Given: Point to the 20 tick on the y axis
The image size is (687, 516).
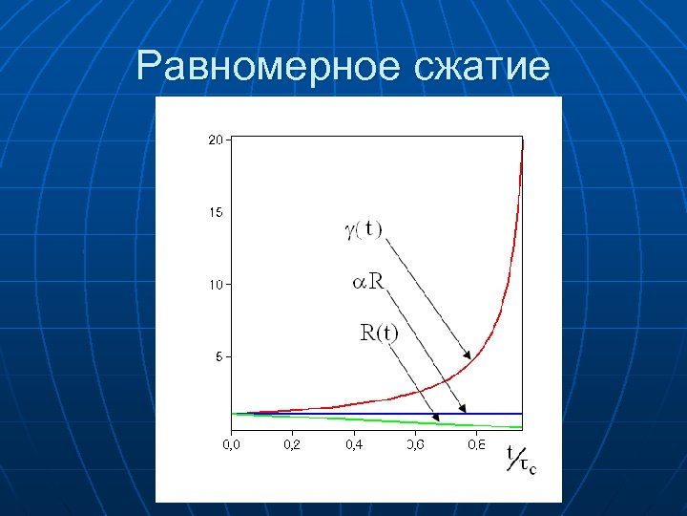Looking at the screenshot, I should click(x=216, y=140).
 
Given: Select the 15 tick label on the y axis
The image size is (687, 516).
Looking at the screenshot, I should click(x=216, y=212).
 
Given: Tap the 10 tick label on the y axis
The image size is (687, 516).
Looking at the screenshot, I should click(x=216, y=285).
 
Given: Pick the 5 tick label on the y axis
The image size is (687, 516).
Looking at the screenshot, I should click(x=219, y=356).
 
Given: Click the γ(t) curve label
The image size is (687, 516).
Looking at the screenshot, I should click(x=363, y=229).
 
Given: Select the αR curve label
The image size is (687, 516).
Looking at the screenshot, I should click(x=368, y=281).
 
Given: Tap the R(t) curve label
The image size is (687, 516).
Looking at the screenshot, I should click(x=379, y=333).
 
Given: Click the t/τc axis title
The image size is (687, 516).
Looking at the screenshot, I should click(x=520, y=460).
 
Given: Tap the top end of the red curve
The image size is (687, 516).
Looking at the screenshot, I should click(x=522, y=140).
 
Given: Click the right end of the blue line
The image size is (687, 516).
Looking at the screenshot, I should click(x=523, y=414).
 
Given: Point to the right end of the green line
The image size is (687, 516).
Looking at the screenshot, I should click(x=523, y=426).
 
